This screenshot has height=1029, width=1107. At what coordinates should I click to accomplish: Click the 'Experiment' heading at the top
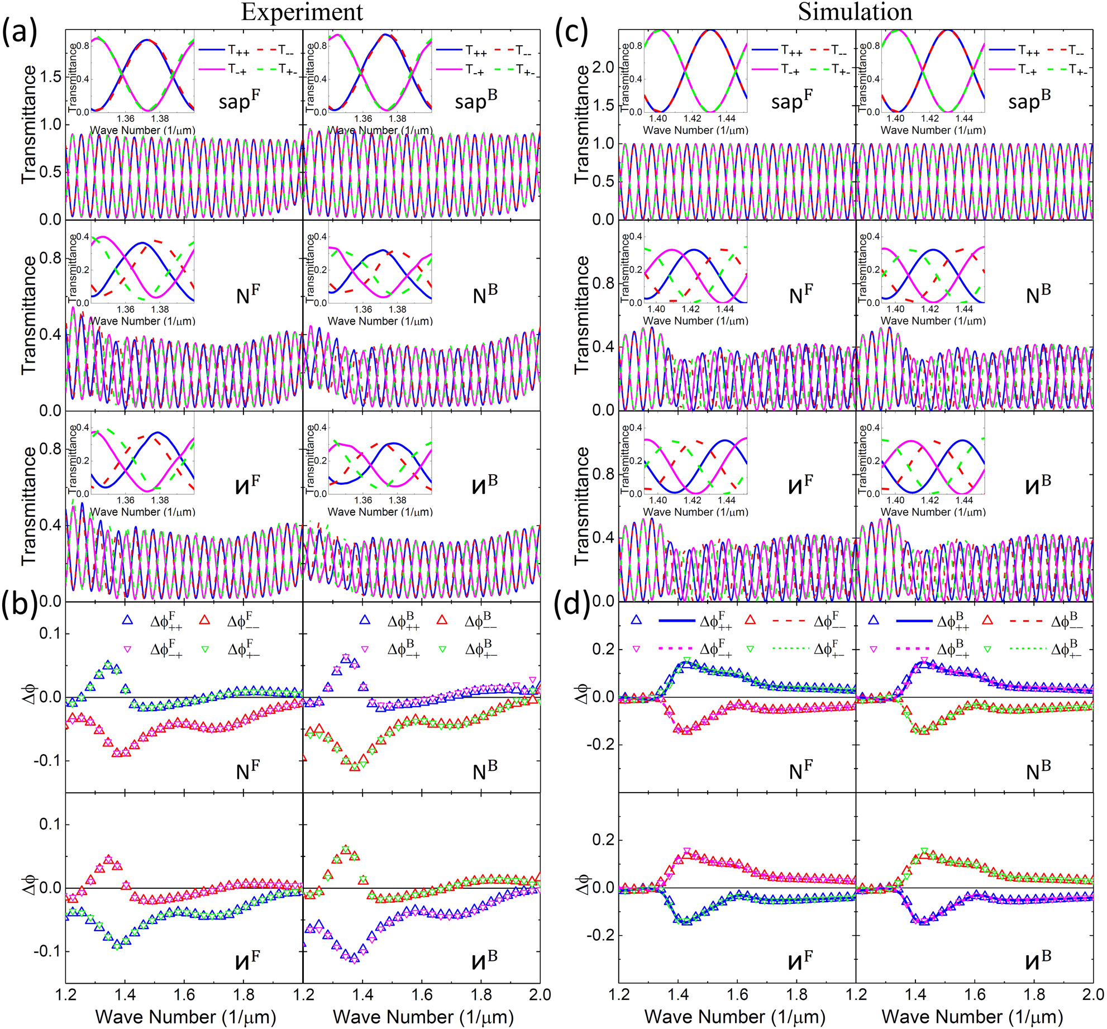click(302, 12)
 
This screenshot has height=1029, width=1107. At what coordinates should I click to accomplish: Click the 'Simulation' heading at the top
click(855, 12)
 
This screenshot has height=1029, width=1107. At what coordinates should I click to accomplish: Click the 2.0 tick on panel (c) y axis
click(602, 68)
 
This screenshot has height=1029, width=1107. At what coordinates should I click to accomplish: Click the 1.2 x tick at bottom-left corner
click(66, 995)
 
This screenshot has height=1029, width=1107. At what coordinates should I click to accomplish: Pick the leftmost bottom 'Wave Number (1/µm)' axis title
click(185, 1016)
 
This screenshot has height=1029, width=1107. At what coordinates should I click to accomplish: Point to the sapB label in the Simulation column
click(1029, 101)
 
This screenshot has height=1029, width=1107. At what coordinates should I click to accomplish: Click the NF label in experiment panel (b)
click(247, 770)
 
